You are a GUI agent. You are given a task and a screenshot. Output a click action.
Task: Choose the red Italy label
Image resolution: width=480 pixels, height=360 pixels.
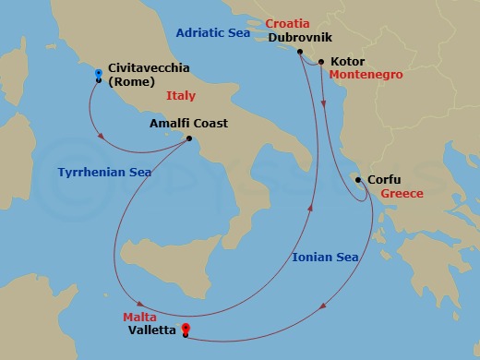(181, 95)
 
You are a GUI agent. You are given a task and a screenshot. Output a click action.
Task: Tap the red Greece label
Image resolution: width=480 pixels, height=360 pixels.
(402, 194)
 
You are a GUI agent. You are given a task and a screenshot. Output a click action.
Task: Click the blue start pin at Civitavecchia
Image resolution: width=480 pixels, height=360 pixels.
(98, 73)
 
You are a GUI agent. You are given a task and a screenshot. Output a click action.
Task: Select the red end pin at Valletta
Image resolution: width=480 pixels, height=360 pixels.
(186, 327)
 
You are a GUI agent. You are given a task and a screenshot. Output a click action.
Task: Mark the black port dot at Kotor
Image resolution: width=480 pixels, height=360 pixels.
(321, 62)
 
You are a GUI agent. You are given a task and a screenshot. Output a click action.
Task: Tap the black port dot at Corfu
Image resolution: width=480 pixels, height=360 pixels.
(358, 180)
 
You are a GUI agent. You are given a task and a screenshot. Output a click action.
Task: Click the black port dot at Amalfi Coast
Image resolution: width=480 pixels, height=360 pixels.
(188, 139)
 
